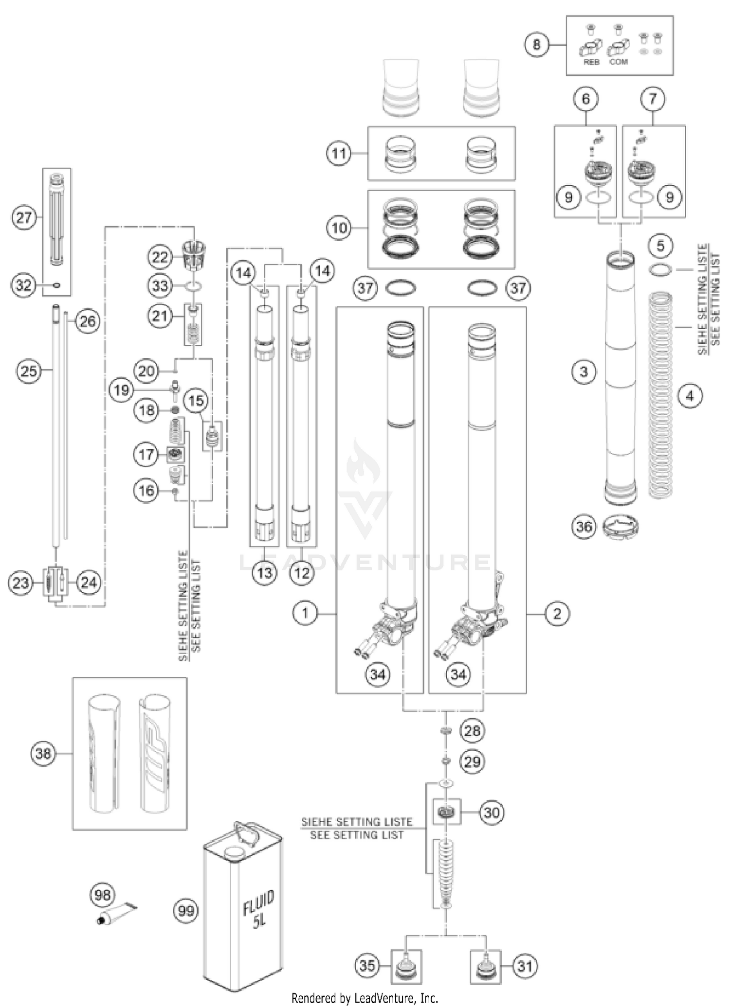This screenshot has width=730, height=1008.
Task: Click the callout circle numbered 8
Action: point(536,45)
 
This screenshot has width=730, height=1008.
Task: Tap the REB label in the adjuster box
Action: point(591,62)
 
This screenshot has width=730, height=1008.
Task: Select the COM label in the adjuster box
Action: point(618,62)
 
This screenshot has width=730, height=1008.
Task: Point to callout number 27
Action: point(23,217)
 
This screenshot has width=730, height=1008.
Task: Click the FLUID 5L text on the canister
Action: point(259,909)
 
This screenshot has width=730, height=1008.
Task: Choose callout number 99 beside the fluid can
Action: point(186,910)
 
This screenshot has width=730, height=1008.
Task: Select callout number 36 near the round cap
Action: point(584,526)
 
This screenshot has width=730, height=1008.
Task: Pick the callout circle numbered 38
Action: point(43,754)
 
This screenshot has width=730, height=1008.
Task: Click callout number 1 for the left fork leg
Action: point(305,613)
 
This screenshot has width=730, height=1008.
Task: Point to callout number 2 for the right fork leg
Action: point(557,613)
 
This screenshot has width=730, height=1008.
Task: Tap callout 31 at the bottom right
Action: point(525,966)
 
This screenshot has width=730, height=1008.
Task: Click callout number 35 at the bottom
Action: point(367,965)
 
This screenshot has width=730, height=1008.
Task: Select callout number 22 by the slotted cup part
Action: point(160,257)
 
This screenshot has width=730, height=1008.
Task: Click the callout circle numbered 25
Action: point(28,371)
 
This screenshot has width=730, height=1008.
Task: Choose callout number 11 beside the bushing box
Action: point(339,154)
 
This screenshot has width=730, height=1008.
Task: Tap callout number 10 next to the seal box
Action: point(339,227)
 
